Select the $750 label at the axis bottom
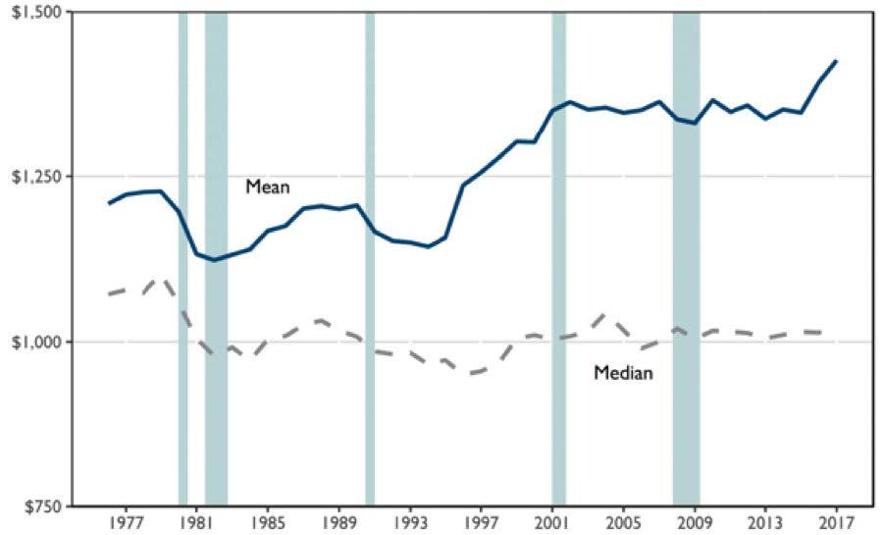39,507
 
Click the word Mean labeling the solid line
267,185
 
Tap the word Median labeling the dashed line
624,373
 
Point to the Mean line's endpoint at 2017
836,61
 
